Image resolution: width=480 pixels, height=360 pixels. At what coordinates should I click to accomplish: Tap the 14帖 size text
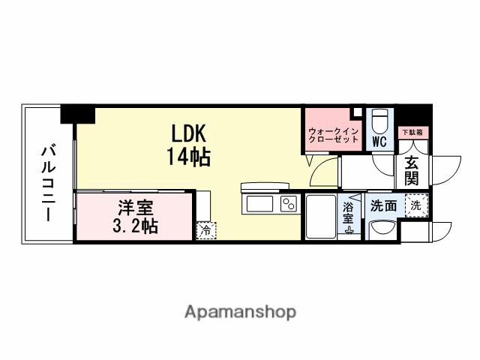[x=189, y=157]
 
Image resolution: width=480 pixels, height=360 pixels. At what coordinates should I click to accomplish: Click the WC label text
[x=379, y=141]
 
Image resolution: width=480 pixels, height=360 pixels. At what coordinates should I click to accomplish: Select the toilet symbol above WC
[x=380, y=121]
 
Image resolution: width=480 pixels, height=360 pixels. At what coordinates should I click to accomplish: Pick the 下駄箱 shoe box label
[x=412, y=133]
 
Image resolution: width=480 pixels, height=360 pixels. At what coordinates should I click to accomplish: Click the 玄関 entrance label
[x=412, y=169]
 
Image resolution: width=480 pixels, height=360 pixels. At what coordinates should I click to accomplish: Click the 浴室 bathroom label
[x=349, y=212]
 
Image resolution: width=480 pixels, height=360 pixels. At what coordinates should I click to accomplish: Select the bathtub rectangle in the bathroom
[x=321, y=216]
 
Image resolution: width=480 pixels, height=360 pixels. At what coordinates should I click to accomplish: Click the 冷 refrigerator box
[x=203, y=230]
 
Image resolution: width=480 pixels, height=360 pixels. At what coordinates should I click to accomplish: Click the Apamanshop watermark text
[x=240, y=311]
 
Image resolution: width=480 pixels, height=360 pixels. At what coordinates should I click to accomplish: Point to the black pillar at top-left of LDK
[x=78, y=114]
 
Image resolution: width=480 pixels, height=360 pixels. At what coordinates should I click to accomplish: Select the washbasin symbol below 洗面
[x=382, y=229]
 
